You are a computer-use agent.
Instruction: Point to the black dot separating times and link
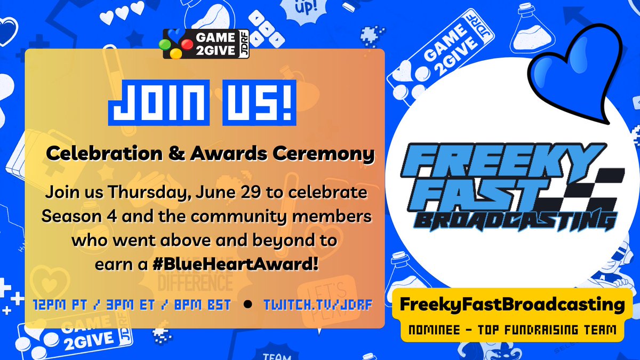pos(247,306)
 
